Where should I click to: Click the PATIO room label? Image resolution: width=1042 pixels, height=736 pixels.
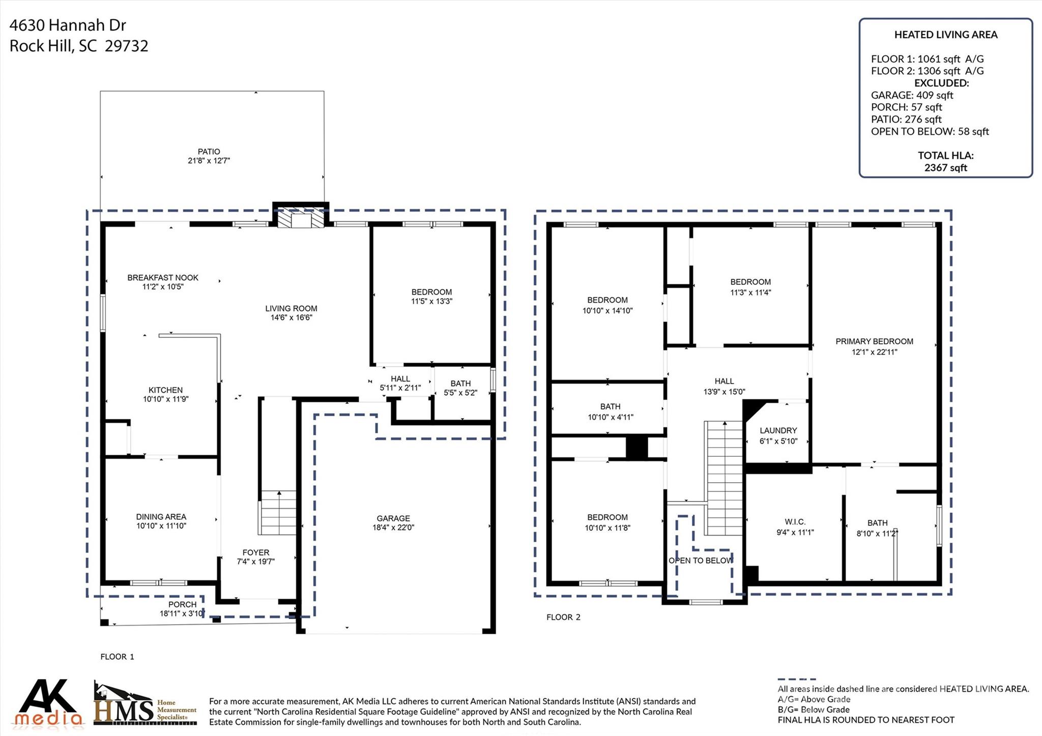click(x=209, y=152)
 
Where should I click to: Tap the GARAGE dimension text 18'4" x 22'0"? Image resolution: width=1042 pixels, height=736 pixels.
click(x=393, y=527)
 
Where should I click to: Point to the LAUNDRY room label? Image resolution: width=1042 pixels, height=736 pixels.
click(x=778, y=430)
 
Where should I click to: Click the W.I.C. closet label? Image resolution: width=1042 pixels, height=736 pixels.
click(x=795, y=522)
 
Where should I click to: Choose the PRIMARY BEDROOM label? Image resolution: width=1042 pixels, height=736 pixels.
click(x=874, y=341)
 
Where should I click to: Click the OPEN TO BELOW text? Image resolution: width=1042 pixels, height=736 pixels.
click(x=701, y=561)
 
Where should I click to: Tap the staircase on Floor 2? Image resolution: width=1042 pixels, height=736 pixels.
click(x=723, y=478)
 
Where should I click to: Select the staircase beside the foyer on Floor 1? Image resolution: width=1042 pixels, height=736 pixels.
click(x=277, y=513)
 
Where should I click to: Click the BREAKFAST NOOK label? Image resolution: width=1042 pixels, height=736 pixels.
click(x=163, y=278)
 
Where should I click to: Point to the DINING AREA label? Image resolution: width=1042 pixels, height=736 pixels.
click(x=161, y=517)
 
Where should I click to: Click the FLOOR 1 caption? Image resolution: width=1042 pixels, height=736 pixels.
click(x=117, y=657)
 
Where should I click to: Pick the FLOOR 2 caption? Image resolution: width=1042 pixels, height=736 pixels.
click(x=563, y=617)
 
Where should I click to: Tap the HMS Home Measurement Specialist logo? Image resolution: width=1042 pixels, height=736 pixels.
click(x=145, y=704)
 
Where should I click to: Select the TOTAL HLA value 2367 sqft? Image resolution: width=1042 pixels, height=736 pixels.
click(x=945, y=168)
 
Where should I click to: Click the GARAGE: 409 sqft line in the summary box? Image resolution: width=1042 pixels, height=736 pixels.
click(x=912, y=95)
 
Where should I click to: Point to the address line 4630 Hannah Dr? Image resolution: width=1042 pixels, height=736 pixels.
click(x=68, y=25)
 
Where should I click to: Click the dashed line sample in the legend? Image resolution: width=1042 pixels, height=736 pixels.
click(x=796, y=679)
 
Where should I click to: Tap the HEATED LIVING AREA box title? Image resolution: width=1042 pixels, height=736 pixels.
click(x=945, y=35)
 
